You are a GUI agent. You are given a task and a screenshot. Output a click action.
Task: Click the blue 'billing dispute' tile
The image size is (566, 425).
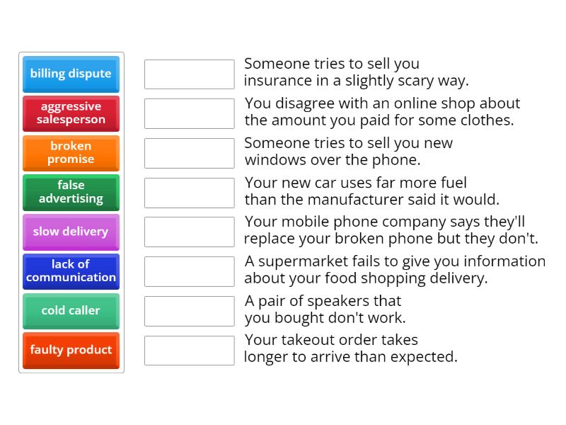(x=71, y=74)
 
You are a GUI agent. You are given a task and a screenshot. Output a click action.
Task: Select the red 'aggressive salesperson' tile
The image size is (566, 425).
(x=71, y=113)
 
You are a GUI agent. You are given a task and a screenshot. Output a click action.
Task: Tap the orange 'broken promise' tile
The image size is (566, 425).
(x=71, y=153)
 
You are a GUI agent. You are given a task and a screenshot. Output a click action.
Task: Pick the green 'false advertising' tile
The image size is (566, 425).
(x=71, y=192)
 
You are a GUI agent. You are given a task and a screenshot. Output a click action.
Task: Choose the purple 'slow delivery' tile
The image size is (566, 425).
(x=71, y=232)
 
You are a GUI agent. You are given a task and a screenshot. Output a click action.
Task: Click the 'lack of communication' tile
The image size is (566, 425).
(x=71, y=271)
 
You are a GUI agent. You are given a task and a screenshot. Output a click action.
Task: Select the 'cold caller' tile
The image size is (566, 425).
(x=71, y=311)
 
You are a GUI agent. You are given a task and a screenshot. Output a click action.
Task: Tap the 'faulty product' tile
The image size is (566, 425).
(x=71, y=350)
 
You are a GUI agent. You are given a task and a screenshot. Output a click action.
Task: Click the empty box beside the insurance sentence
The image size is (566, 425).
(x=189, y=74)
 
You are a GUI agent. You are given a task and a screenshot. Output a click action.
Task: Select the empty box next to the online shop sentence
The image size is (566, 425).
(x=189, y=113)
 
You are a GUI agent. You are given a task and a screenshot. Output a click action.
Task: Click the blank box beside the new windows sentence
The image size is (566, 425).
(x=189, y=153)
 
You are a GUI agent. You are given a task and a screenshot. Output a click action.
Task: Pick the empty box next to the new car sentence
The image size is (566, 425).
(x=189, y=192)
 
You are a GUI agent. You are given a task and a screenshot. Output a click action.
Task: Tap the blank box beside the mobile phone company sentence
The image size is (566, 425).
(x=189, y=232)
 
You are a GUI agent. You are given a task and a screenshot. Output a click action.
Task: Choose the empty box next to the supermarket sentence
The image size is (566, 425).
(x=189, y=271)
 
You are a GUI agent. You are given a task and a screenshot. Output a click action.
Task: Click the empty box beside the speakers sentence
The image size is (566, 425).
(x=189, y=311)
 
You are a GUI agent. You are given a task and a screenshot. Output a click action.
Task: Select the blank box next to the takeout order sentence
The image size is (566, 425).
(x=189, y=350)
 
